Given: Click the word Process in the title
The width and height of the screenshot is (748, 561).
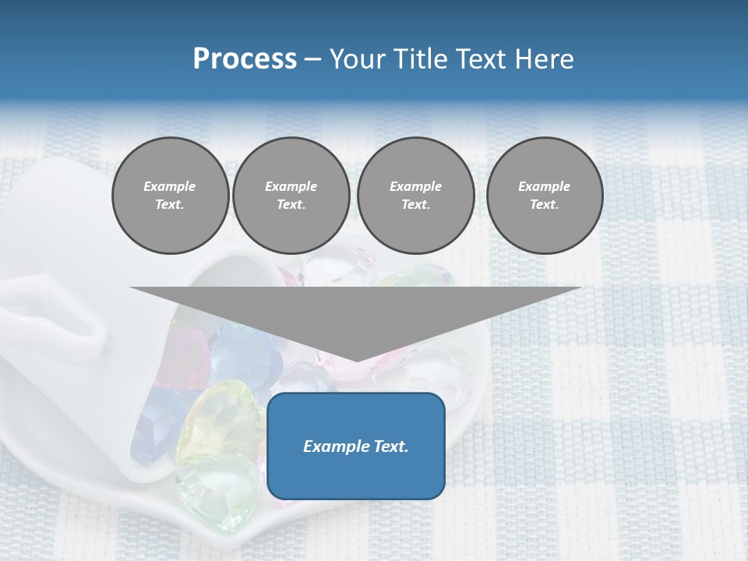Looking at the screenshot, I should (x=245, y=59).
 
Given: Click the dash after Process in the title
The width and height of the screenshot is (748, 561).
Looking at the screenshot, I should (x=313, y=61).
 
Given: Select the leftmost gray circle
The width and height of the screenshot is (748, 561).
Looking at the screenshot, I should (x=170, y=196).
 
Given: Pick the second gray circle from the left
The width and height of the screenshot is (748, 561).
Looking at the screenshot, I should (x=291, y=196).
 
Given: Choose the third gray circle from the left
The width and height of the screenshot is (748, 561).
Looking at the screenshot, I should (x=415, y=196).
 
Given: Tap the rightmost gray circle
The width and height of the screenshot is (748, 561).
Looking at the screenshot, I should (x=544, y=196).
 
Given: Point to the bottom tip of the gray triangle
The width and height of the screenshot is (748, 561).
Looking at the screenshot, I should (x=357, y=361).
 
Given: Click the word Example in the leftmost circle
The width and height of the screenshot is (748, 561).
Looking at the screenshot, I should (x=170, y=186).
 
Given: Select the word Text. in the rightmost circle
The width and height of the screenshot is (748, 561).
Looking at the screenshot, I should (x=544, y=205).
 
